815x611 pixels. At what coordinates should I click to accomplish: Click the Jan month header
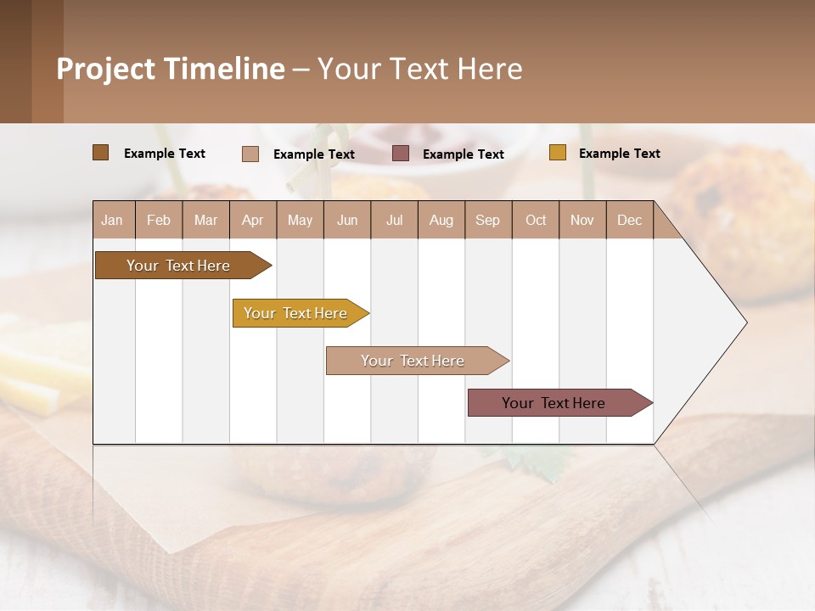[113, 220]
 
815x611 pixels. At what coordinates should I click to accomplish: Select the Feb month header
[159, 220]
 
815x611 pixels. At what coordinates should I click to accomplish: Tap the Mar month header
[205, 220]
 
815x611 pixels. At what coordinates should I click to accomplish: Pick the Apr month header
[253, 220]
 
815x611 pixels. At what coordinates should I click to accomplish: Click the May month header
[300, 220]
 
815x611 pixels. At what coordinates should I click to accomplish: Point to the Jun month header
[347, 220]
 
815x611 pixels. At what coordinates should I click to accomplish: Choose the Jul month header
[394, 220]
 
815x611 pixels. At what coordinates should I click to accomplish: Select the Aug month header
[441, 220]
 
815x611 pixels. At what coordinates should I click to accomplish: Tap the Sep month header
[488, 220]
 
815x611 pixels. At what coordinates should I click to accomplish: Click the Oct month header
[536, 220]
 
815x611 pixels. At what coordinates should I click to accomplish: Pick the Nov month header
[582, 220]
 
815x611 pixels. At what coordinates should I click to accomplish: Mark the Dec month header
[630, 220]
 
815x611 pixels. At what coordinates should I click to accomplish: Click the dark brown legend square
[101, 153]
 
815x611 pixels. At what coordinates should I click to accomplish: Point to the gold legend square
[558, 153]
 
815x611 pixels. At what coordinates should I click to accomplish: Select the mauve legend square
[401, 153]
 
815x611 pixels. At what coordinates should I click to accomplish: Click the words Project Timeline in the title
[171, 69]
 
